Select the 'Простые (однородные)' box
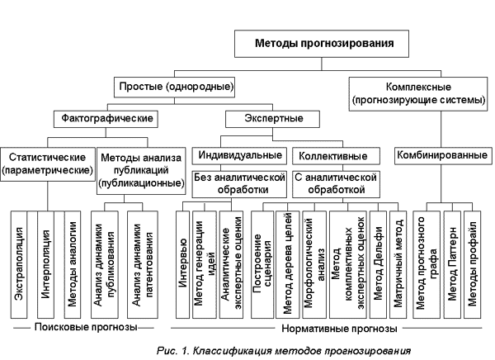174,85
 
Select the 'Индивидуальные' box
238,154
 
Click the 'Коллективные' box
333,154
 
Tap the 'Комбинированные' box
436,154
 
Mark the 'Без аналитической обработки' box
238,182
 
